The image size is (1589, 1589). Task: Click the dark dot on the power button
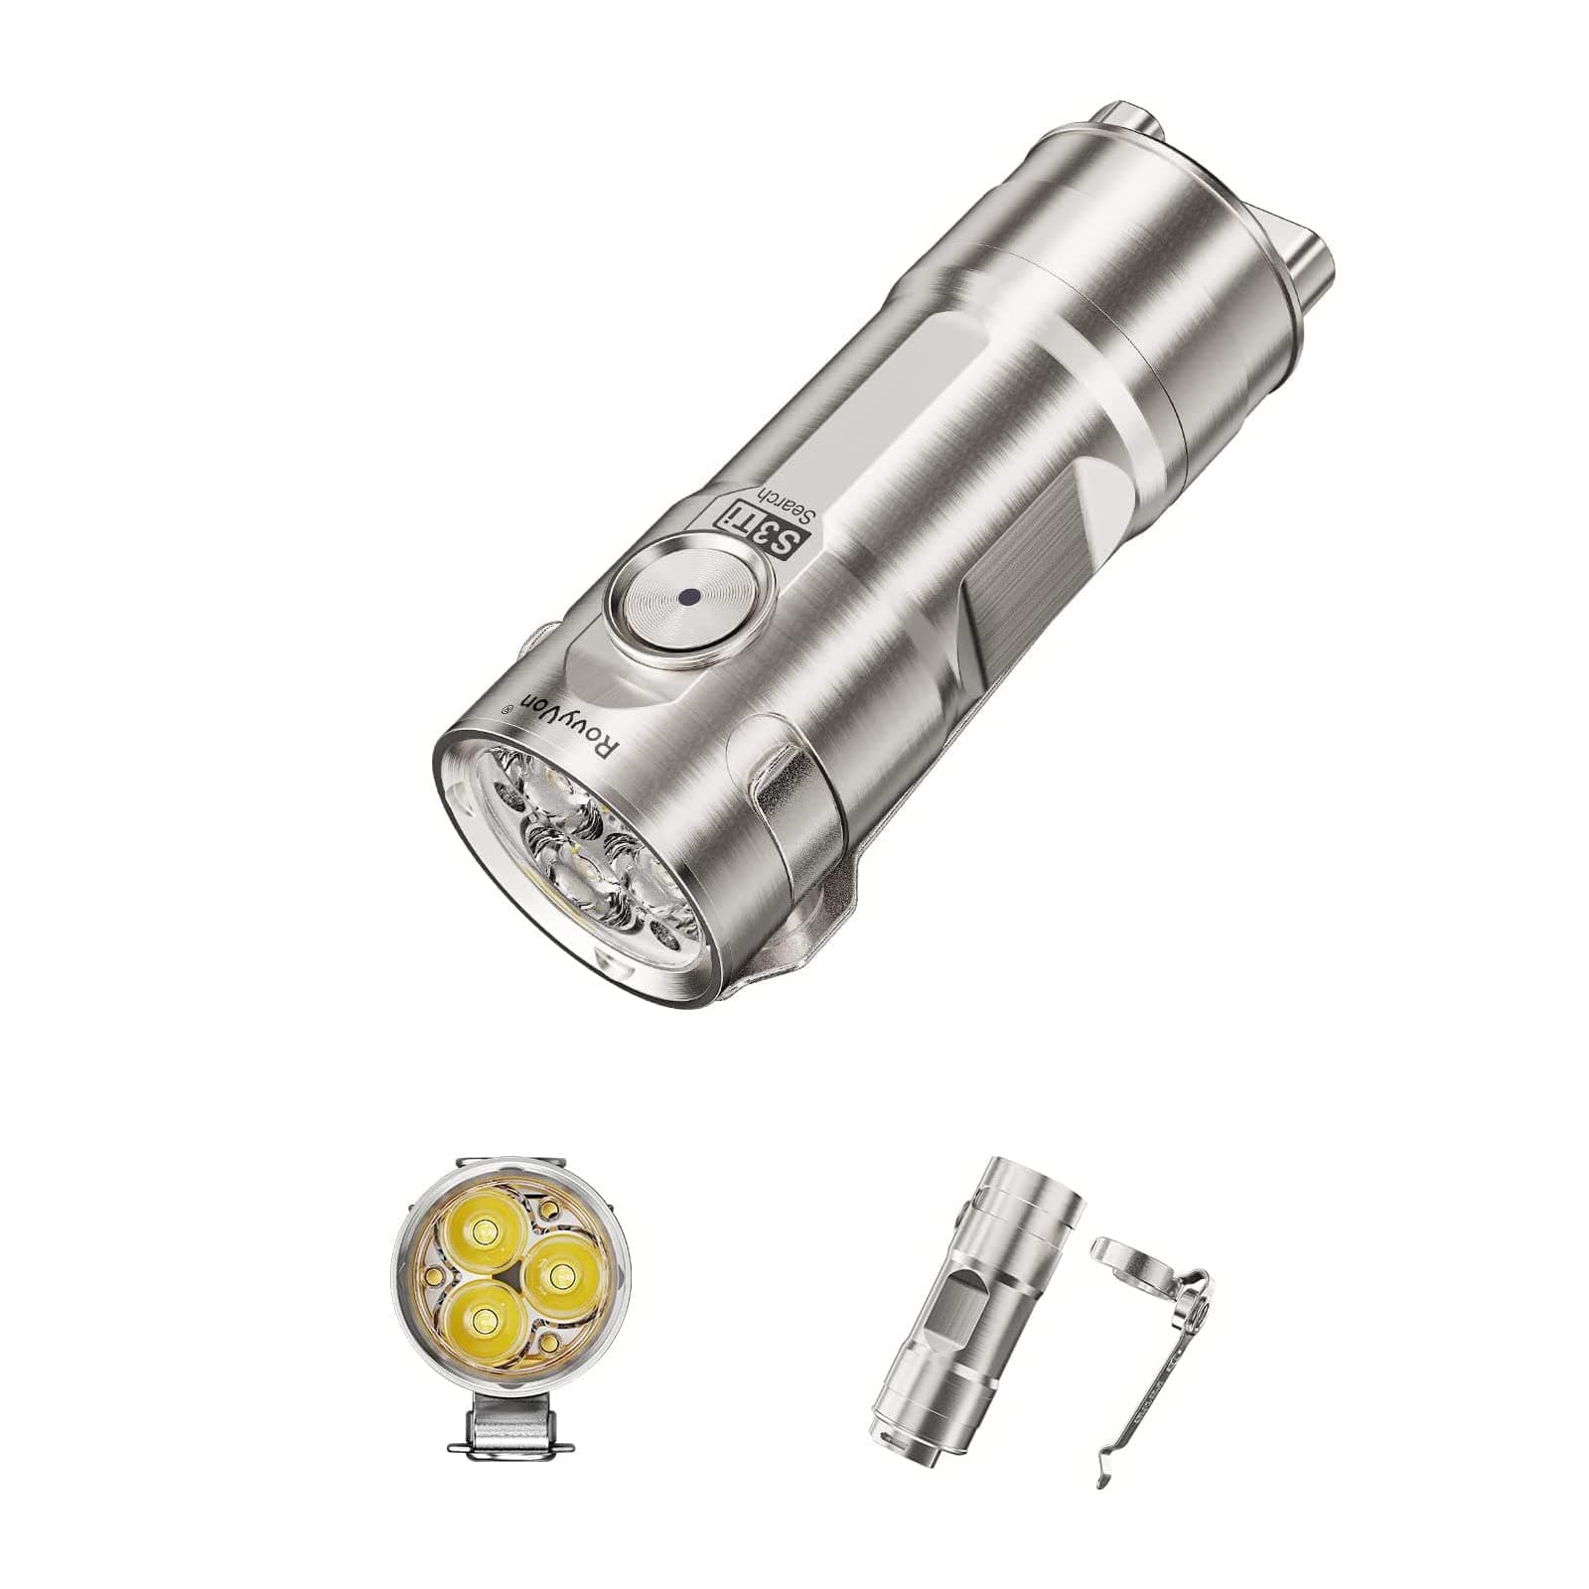[688, 597]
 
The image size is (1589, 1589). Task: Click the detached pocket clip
[1152, 1371]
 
